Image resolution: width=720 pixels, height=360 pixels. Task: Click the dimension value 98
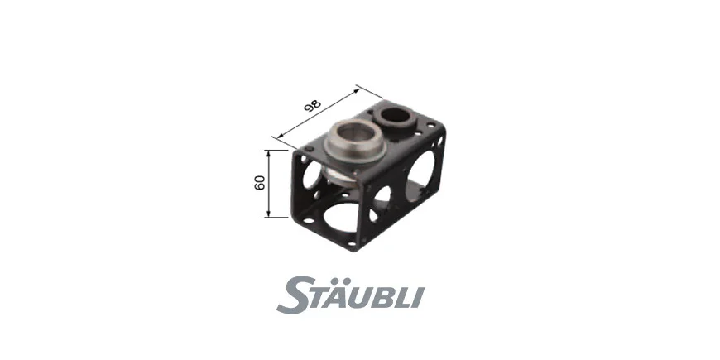pos(313,106)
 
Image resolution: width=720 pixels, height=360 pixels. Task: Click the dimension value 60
pos(259,183)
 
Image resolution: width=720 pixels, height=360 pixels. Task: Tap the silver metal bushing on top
pos(355,141)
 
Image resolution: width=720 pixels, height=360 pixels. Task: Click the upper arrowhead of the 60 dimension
pos(269,153)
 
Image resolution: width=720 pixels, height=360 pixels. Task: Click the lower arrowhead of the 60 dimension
pos(269,214)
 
